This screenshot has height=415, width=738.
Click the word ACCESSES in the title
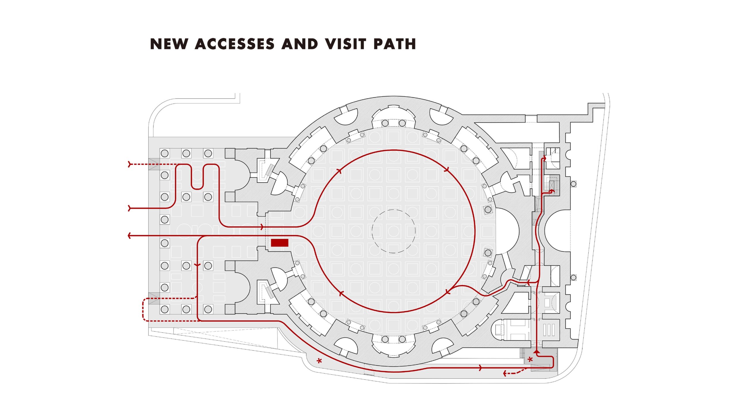point(235,44)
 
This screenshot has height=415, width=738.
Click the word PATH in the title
point(394,44)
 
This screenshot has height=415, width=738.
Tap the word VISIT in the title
point(346,44)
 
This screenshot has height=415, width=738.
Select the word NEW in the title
point(169,44)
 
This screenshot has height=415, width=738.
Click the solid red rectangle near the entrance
point(280,243)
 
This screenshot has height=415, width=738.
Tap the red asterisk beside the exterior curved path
point(319,361)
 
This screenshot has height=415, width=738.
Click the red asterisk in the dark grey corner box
point(530,360)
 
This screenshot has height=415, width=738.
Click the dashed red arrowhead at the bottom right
point(505,374)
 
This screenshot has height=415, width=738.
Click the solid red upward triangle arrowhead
point(536,351)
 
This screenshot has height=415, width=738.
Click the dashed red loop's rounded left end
point(143,310)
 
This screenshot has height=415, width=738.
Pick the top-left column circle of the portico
point(165,153)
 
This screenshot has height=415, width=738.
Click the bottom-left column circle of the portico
point(165,309)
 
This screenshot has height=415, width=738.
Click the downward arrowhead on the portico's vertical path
point(197,265)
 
